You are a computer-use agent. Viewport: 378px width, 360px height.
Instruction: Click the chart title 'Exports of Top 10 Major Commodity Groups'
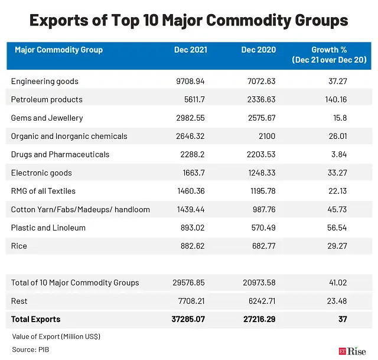(188, 21)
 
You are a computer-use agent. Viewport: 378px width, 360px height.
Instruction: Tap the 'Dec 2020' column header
(258, 50)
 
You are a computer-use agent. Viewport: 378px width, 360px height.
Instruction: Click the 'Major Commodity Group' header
(58, 50)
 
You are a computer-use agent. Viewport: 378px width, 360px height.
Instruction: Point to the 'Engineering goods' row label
(44, 81)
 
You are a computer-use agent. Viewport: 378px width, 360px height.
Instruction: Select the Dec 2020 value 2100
(266, 136)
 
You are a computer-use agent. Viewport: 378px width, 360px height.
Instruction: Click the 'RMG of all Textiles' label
(43, 191)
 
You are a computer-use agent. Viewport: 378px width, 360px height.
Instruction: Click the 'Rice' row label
(19, 246)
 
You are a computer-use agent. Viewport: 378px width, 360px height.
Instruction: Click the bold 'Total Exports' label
(35, 319)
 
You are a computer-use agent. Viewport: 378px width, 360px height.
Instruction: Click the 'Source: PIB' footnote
(31, 350)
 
